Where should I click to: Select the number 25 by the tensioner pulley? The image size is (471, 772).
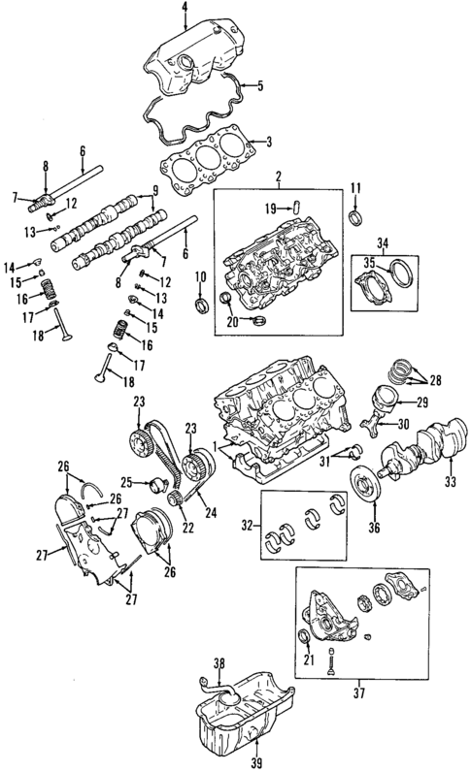127,481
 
